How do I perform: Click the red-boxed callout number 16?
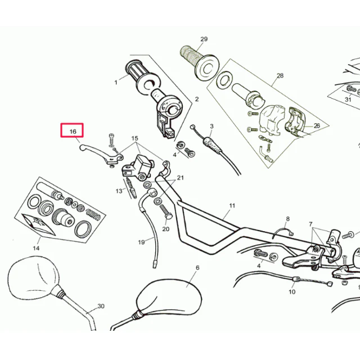[x=73, y=132]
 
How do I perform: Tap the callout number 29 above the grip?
[x=204, y=39]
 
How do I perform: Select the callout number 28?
[x=280, y=75]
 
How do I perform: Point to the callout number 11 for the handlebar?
[x=232, y=205]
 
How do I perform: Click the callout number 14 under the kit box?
[x=36, y=248]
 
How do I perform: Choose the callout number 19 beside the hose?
[x=141, y=242]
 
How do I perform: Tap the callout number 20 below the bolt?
[x=166, y=229]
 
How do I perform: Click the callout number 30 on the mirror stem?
[x=101, y=306]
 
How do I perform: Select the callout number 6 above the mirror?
[x=197, y=268]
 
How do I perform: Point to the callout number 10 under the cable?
[x=292, y=292]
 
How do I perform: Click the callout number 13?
[x=119, y=191]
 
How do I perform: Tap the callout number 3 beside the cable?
[x=211, y=126]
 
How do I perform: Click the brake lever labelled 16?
[x=101, y=153]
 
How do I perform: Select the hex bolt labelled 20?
[x=166, y=213]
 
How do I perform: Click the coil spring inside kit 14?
[x=93, y=214]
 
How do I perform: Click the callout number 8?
[x=287, y=219]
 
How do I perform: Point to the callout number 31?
[x=348, y=100]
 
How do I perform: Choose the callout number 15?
[x=135, y=138]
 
